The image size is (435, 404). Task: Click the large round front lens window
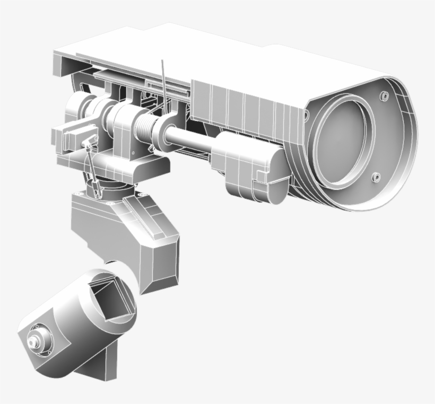coord(343,140)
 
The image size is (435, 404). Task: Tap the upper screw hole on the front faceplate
coord(384,96)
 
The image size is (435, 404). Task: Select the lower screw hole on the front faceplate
coord(376,177)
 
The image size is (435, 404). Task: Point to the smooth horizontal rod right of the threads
coord(191,139)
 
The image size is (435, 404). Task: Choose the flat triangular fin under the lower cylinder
coord(98,366)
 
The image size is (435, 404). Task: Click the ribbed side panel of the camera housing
coord(244,109)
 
